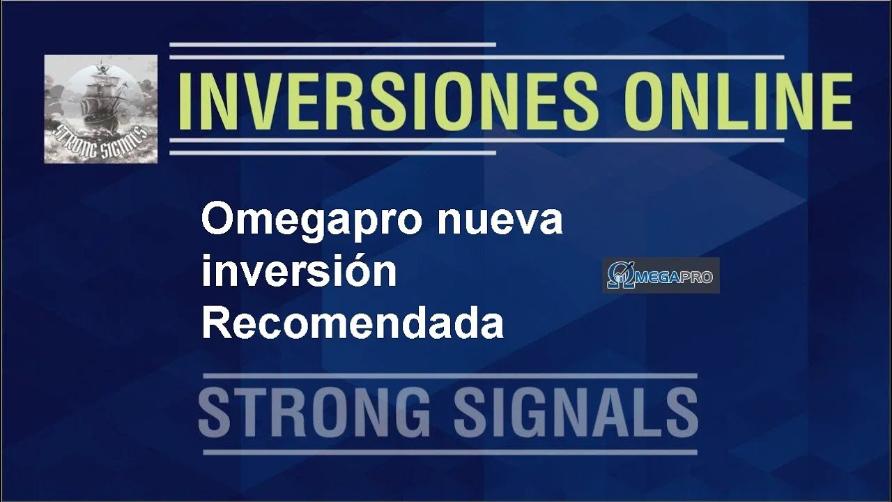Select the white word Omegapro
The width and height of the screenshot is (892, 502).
pos(312,221)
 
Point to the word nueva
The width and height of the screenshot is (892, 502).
pos(500,221)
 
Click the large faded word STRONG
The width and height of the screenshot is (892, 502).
pos(314,414)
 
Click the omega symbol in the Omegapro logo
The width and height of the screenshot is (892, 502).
pos(620,275)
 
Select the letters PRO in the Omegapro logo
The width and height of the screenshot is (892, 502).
pos(695,277)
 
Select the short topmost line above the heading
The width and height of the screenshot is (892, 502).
pos(332,45)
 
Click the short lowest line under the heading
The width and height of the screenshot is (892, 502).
pos(332,153)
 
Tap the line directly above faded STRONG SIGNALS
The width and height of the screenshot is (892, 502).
pos(450,376)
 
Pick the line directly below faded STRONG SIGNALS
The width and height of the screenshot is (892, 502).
pos(450,452)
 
